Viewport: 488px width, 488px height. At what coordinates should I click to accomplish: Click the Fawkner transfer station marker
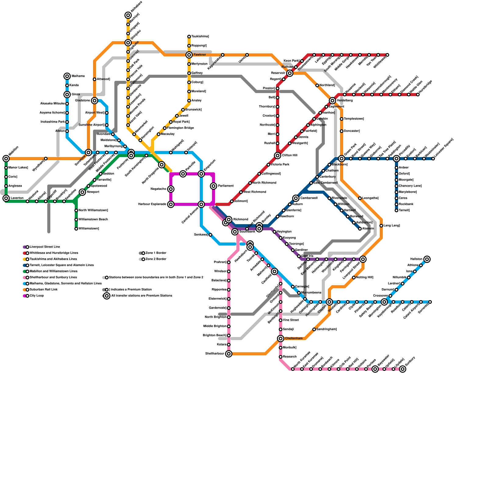tap(189, 55)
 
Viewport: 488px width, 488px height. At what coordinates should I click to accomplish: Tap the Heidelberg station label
tap(345, 101)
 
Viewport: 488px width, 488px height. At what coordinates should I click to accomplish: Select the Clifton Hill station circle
tap(278, 156)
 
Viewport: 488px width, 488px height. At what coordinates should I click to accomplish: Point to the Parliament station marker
tap(213, 186)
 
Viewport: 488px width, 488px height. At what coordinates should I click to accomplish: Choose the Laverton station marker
tap(6, 198)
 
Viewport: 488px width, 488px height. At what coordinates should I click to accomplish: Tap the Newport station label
tap(93, 192)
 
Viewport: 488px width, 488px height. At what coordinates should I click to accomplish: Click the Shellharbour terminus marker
tap(229, 354)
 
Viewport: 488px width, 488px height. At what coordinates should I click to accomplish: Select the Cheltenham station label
tap(294, 339)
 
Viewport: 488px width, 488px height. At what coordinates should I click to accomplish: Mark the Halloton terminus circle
tap(427, 259)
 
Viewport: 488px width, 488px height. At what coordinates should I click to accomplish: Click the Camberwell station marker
tap(296, 198)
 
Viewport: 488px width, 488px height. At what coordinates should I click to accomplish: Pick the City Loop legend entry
tap(37, 296)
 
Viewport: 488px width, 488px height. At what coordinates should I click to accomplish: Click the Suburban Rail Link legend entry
tap(43, 290)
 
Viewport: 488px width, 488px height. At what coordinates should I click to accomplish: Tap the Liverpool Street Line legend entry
tap(45, 247)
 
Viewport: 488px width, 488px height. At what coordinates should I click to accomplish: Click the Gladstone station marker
tap(95, 101)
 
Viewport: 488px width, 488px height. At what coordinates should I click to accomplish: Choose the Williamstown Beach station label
tap(93, 220)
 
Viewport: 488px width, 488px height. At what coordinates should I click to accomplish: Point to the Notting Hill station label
tap(364, 278)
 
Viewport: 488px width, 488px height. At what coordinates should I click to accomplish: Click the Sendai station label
tap(288, 329)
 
